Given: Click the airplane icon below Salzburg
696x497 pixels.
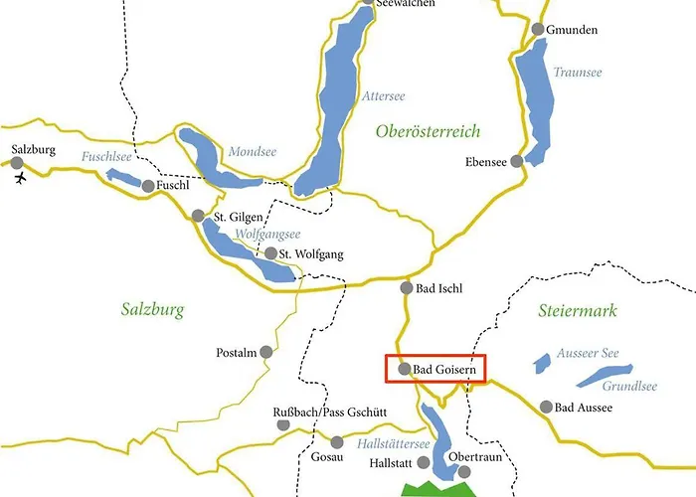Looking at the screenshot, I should [x=19, y=178].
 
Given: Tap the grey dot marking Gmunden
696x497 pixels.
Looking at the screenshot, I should [x=538, y=30].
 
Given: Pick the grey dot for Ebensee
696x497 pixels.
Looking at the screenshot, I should [x=516, y=162].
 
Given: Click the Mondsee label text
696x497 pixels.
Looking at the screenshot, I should [x=253, y=152].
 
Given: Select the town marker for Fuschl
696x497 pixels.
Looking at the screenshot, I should [x=148, y=186].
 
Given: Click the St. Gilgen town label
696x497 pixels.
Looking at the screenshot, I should [x=240, y=216].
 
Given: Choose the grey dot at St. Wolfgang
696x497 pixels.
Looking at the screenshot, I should [x=270, y=253].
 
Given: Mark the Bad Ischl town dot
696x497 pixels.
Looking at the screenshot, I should [x=406, y=288].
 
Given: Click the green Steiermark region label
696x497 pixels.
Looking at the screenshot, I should [x=577, y=311].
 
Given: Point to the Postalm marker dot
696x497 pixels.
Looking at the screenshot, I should [x=265, y=353].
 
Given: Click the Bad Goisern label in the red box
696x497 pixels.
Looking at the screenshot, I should [x=445, y=369].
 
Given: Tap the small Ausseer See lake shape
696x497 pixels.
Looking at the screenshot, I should [x=543, y=363].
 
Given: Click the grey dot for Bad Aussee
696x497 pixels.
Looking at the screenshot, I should [x=545, y=407].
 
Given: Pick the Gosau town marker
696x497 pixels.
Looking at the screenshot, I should [x=337, y=442].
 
